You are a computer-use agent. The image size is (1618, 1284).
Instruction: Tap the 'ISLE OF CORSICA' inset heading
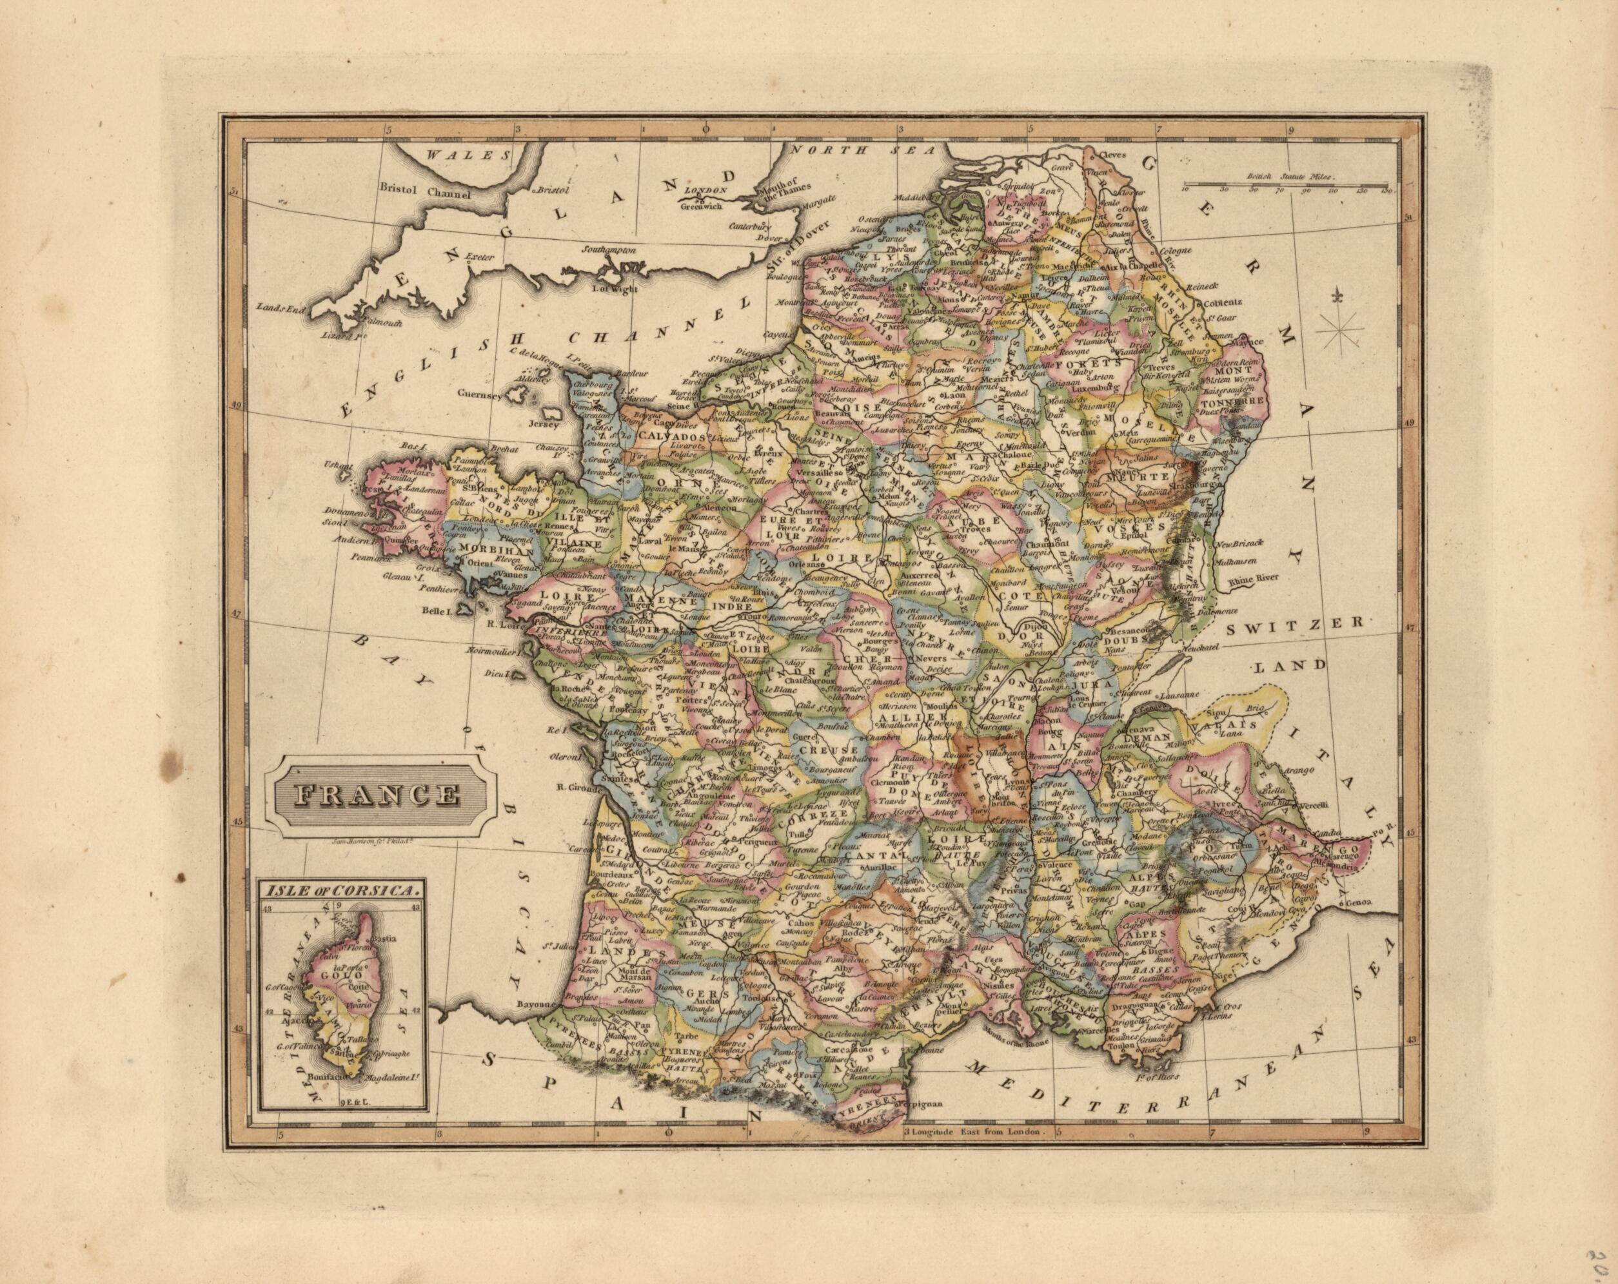point(339,890)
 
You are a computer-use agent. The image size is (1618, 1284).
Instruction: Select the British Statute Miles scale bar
point(1285,184)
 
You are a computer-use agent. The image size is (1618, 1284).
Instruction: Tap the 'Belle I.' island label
point(434,611)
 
